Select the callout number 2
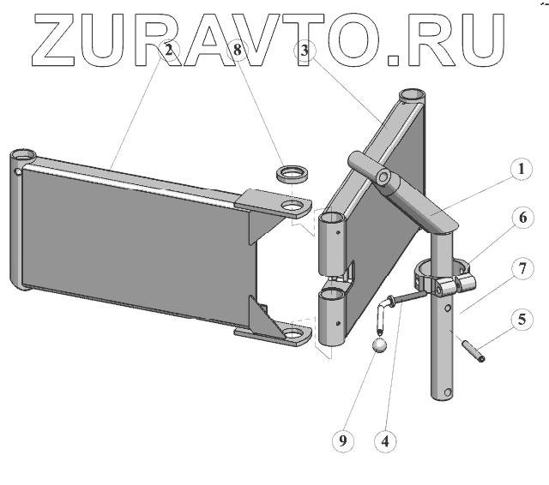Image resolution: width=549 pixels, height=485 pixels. pyautogui.click(x=169, y=50)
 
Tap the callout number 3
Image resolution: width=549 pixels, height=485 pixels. pyautogui.click(x=304, y=50)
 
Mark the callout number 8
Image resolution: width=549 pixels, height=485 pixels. pyautogui.click(x=237, y=50)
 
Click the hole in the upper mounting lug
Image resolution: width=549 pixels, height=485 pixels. pyautogui.click(x=293, y=207)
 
